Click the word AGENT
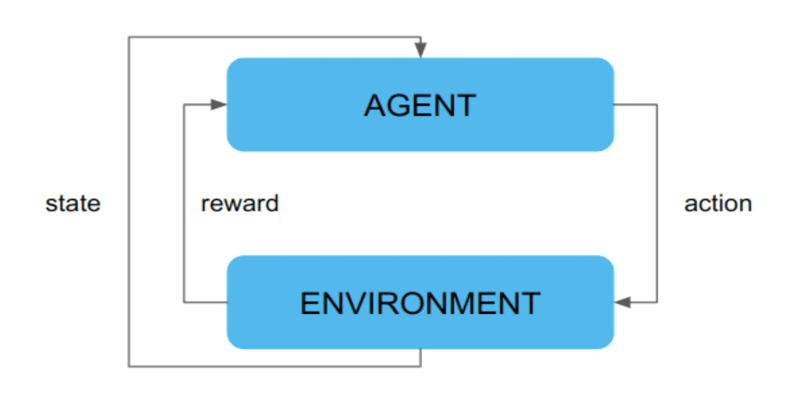point(420,105)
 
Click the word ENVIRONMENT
point(420,303)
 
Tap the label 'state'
point(73,204)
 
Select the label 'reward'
point(240,204)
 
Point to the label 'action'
point(718,204)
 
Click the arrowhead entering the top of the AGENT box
point(421,50)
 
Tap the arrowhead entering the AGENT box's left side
point(218,105)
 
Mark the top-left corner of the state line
point(129,37)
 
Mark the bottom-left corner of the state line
point(129,366)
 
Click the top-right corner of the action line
point(657,105)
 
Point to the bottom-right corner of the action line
point(657,302)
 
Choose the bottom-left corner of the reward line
point(184,302)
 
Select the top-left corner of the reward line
point(184,105)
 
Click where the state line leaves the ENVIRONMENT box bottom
point(421,350)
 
